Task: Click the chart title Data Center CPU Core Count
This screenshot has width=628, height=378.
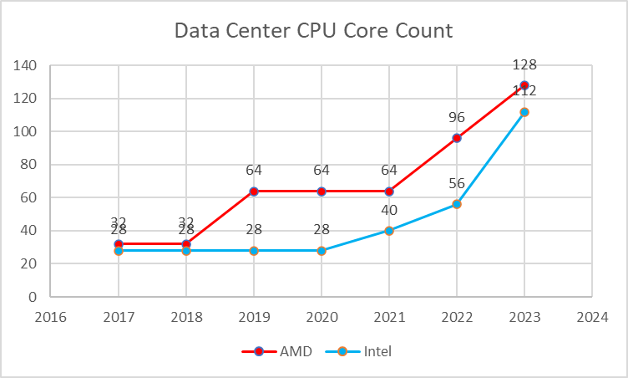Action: (313, 32)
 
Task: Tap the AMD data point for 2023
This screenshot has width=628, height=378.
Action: (524, 85)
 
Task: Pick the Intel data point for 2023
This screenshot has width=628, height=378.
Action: (524, 112)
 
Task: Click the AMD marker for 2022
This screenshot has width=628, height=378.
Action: (456, 138)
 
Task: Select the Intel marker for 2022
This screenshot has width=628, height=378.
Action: (456, 204)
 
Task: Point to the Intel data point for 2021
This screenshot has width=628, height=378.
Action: (388, 231)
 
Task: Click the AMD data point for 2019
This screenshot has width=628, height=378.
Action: (254, 192)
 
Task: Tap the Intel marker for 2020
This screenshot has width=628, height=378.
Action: (322, 251)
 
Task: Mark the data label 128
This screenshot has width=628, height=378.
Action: (524, 64)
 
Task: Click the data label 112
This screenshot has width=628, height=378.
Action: (524, 91)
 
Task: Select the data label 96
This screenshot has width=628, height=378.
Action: (456, 118)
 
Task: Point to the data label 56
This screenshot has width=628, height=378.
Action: (456, 184)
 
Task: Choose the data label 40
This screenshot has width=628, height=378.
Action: (388, 211)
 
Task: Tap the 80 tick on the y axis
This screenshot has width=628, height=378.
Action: (30, 165)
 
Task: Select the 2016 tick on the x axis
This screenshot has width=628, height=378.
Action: (52, 318)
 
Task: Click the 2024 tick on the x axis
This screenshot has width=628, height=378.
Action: (591, 318)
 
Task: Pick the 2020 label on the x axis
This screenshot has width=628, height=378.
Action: (322, 318)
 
